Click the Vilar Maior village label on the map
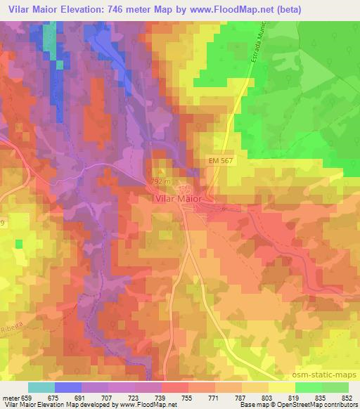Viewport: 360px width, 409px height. point(177,199)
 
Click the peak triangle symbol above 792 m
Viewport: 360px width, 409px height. point(161,171)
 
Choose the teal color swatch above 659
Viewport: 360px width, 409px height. point(41,387)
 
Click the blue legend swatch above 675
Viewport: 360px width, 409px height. point(68,387)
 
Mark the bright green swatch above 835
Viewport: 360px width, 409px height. point(309,387)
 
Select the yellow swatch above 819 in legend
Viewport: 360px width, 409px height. point(282,387)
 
